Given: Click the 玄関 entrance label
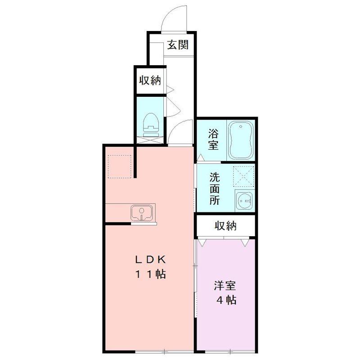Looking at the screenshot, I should [x=178, y=45].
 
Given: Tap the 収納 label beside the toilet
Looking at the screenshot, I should [x=150, y=81].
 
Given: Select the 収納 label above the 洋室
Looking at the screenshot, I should [x=225, y=225].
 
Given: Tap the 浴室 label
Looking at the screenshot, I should [x=213, y=139].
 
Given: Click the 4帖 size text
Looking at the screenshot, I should [x=225, y=301].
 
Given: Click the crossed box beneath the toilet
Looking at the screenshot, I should [x=151, y=139].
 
